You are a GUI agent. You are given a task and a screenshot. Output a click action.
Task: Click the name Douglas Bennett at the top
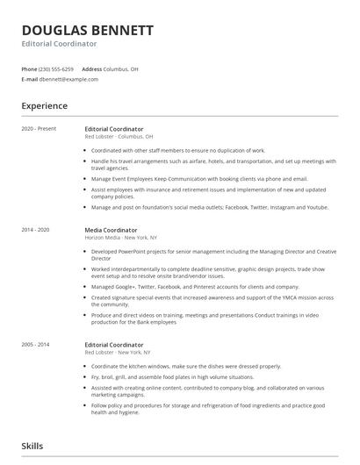(x=88, y=31)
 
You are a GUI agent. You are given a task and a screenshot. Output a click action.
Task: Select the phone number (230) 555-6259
(x=57, y=68)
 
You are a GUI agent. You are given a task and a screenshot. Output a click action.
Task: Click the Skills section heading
(x=33, y=446)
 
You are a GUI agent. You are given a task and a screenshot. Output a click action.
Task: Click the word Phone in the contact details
(x=29, y=68)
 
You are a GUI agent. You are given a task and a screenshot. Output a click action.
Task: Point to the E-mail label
(x=29, y=79)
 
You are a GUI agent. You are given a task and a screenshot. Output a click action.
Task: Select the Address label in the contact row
(x=91, y=68)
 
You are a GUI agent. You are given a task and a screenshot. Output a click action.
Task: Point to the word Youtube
(x=316, y=207)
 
